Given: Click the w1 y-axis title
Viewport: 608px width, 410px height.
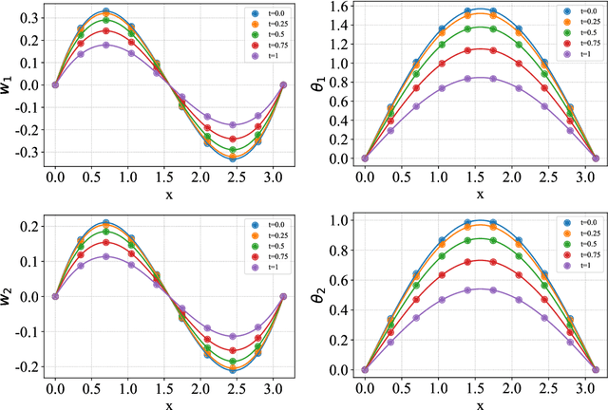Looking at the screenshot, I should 9,84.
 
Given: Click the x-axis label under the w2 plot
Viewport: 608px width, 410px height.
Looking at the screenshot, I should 169,402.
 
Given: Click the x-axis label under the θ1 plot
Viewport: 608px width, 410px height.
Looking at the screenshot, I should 480,193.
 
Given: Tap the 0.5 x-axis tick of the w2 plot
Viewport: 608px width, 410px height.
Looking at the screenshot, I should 92,387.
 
